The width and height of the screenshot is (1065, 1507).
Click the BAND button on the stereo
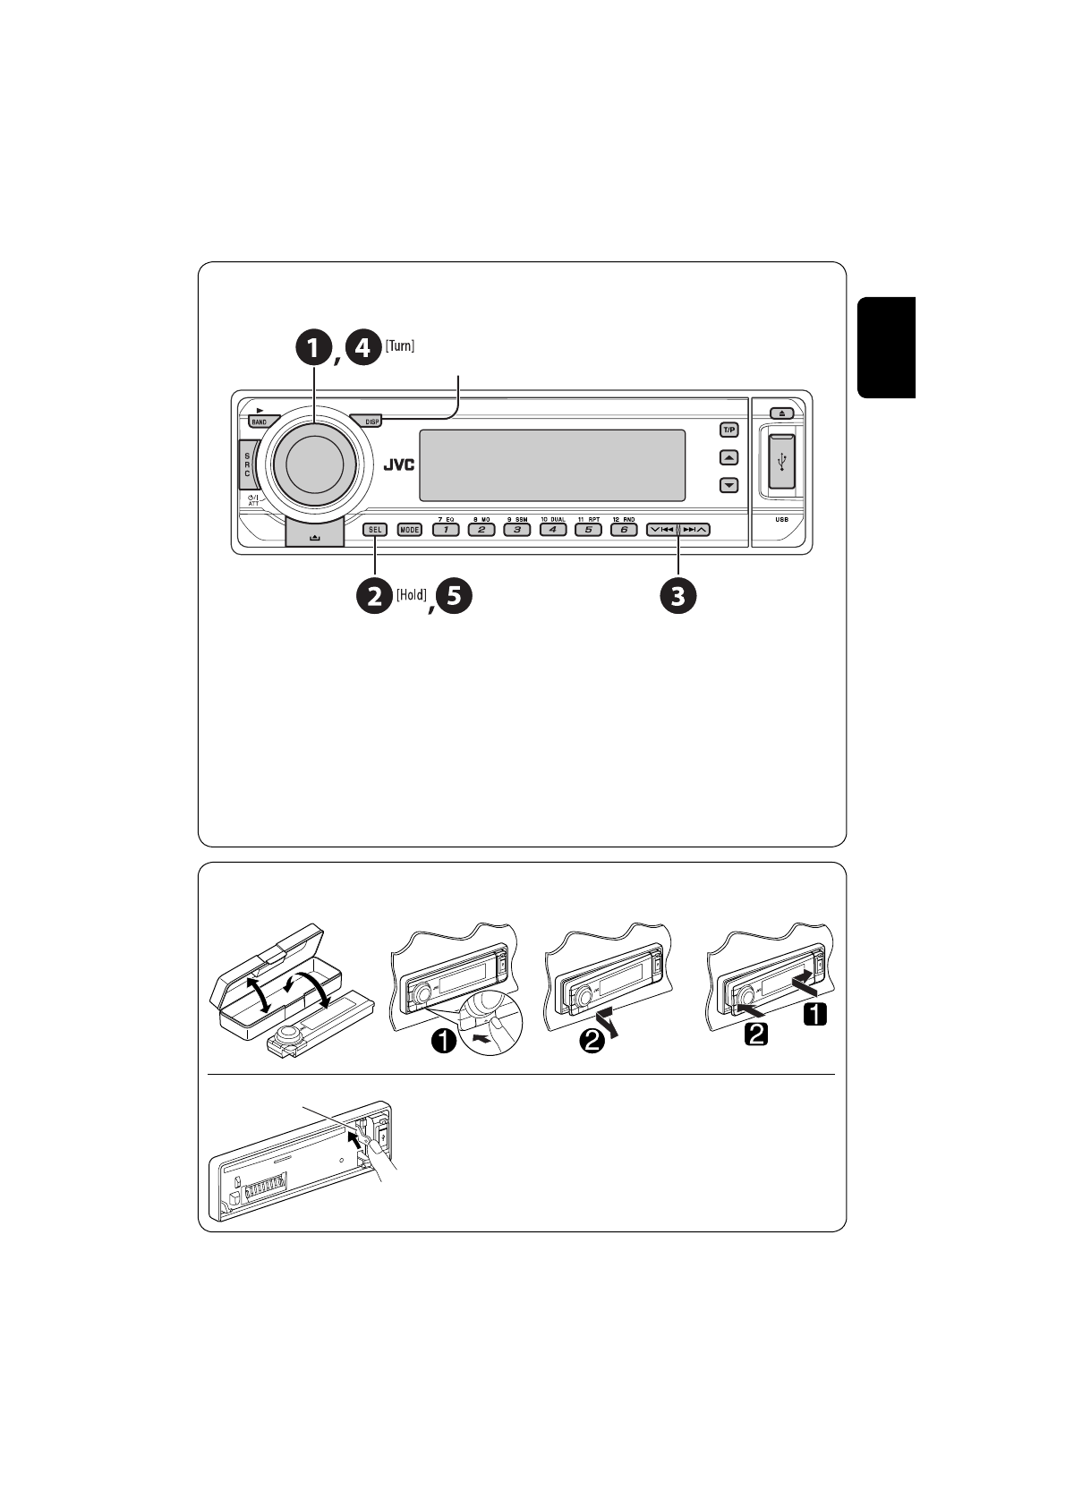(259, 421)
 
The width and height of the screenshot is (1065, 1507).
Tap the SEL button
(374, 530)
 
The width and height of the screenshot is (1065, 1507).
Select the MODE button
(409, 530)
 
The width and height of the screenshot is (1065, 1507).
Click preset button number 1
(445, 530)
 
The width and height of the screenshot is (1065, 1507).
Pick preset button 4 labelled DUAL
(552, 530)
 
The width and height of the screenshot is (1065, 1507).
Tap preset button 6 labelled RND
(623, 530)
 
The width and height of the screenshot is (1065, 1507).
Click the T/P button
(729, 430)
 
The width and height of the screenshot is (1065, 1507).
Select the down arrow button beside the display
(729, 486)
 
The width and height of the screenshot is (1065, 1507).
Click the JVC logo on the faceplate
(399, 465)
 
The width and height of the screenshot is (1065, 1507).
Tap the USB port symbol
(782, 462)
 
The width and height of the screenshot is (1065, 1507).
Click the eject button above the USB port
(781, 413)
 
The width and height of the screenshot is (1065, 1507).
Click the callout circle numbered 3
(677, 596)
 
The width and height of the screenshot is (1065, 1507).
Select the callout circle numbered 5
(453, 596)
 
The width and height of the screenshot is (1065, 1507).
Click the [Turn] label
(400, 346)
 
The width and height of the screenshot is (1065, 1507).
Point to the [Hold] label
(412, 594)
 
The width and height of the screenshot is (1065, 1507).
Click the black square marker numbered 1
(815, 1014)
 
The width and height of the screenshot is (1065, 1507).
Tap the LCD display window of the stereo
(551, 465)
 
